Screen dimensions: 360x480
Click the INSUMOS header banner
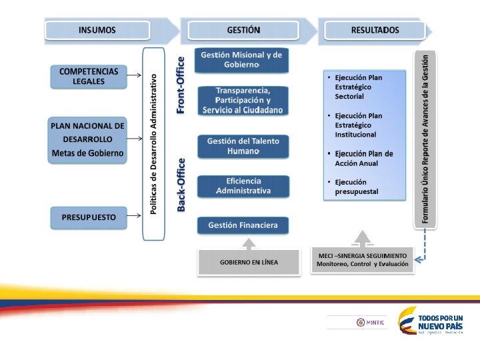tap(97, 30)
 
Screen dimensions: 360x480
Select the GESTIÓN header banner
tap(243, 30)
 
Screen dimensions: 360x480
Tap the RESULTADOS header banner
tap(375, 30)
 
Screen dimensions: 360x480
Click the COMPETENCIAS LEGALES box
tap(89, 76)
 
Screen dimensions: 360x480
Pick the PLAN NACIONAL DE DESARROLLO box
tap(88, 139)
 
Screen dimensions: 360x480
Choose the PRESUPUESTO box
tap(89, 217)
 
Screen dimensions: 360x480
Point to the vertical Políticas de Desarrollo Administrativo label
tap(153, 145)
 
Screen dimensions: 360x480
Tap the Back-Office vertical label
tap(181, 185)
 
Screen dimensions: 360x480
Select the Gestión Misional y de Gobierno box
tap(241, 60)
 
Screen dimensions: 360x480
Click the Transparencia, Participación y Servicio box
tap(243, 100)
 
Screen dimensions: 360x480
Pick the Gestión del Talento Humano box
tap(243, 147)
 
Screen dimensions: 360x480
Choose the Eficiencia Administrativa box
tap(243, 186)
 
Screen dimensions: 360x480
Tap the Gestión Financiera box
tap(243, 225)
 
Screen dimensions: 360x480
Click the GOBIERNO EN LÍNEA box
tap(249, 262)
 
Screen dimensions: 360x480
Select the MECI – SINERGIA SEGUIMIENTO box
tap(362, 260)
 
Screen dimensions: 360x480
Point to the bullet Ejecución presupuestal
tap(356, 187)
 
